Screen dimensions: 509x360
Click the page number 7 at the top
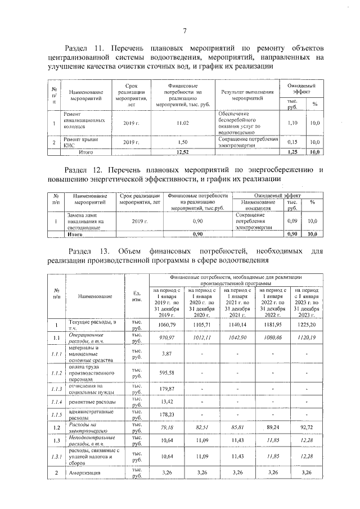[184, 30]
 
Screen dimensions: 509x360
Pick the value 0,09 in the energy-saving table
[292, 222]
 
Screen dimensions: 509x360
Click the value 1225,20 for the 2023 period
[307, 325]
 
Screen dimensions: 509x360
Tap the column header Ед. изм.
[137, 296]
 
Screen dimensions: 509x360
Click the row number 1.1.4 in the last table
[55, 402]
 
